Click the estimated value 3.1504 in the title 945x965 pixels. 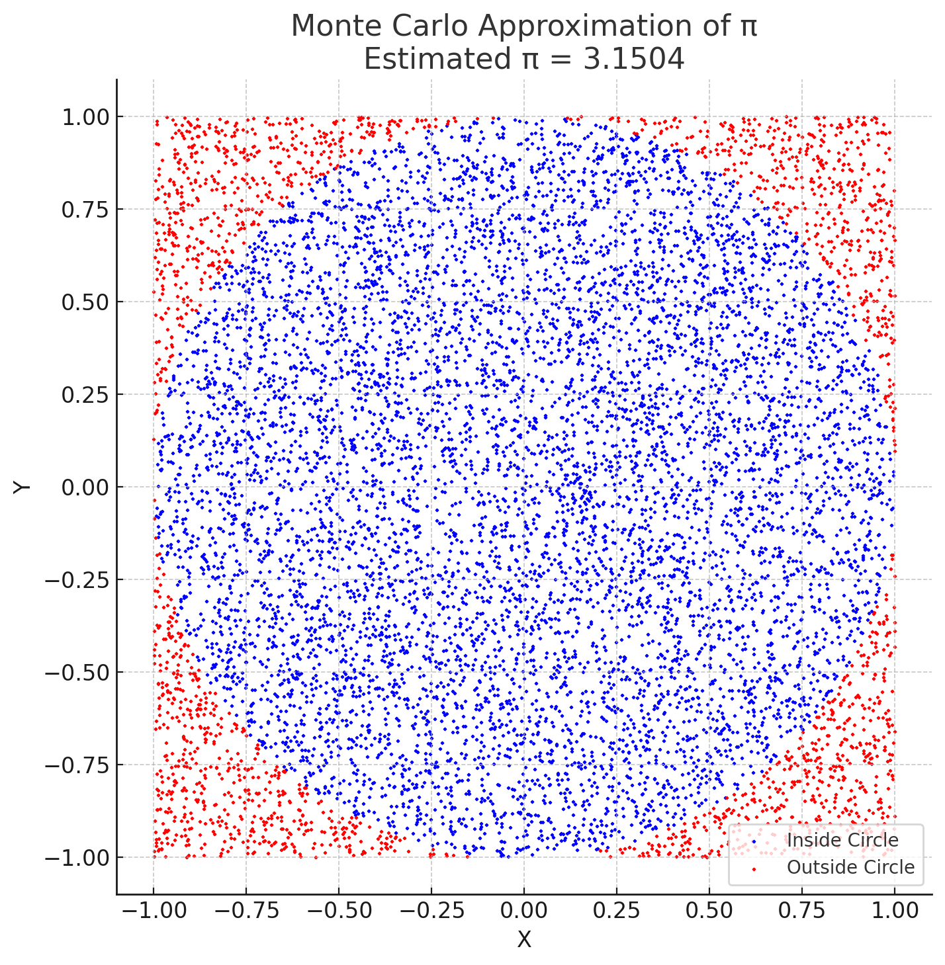pos(633,60)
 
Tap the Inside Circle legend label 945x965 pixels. pos(842,841)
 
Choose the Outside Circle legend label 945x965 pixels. pos(850,867)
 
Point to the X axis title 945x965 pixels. pos(524,940)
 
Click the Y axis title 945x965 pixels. pos(22,487)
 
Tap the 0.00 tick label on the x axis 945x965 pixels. pos(524,911)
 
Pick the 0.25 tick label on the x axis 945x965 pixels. pos(617,911)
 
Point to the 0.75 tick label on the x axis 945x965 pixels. pos(802,911)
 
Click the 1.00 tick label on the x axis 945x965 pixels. pos(895,911)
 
